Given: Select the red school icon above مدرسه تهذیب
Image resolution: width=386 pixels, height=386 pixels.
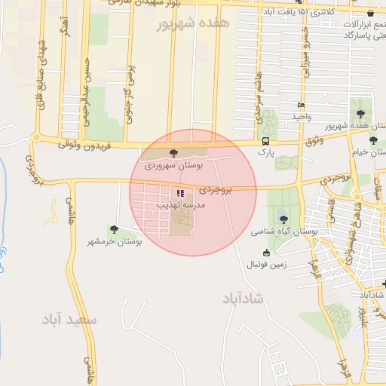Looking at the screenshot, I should [x=179, y=193].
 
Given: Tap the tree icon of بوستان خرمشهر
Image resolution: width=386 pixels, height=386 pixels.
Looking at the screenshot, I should [x=114, y=229].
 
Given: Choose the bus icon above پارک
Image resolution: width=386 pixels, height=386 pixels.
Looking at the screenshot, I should [x=265, y=141].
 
